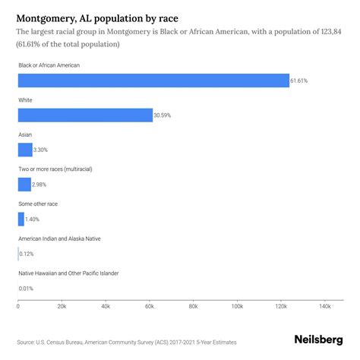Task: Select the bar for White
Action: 85,115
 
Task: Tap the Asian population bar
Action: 25,150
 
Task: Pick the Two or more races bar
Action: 24,184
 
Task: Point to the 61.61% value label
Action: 301,81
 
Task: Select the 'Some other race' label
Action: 38,204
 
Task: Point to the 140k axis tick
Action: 324,307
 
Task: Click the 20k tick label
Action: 62,307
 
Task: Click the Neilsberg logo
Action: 318,341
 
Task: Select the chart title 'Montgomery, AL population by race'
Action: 98,15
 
